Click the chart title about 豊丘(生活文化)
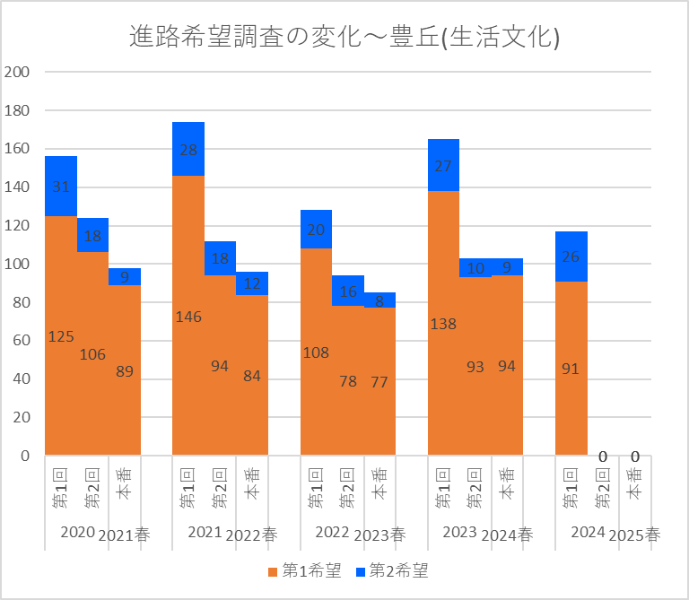click(x=344, y=38)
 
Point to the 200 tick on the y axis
click(x=18, y=72)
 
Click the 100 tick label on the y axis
click(x=18, y=264)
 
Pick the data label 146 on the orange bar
click(x=188, y=317)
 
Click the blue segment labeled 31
click(x=61, y=187)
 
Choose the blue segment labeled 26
click(x=571, y=257)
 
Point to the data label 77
click(x=379, y=381)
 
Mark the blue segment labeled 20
click(x=316, y=230)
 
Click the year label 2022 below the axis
click(x=332, y=533)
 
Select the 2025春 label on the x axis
click(x=634, y=535)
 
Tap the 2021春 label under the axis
click(x=125, y=535)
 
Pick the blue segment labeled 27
click(x=443, y=166)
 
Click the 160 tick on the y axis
click(x=18, y=149)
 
